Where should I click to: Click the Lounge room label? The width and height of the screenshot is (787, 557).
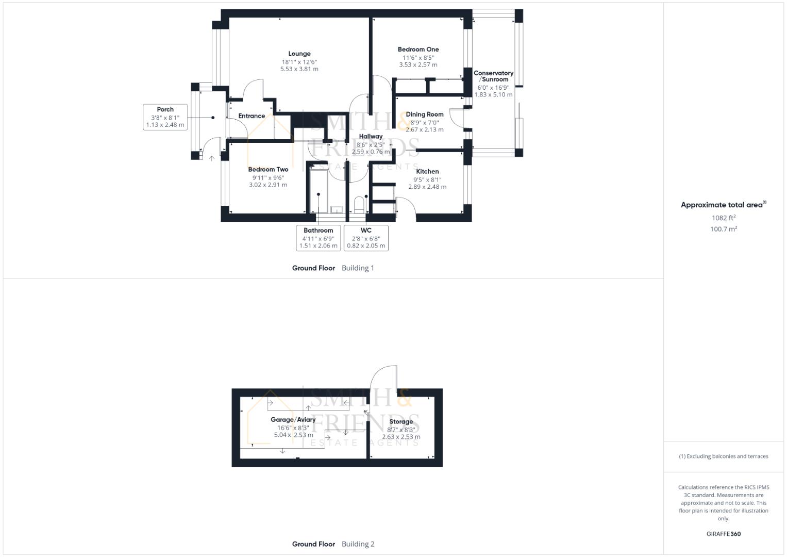(x=299, y=54)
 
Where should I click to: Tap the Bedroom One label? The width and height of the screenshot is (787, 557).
(x=418, y=50)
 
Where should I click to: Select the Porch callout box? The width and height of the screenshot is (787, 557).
(x=165, y=117)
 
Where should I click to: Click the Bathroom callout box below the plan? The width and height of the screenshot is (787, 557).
(x=318, y=238)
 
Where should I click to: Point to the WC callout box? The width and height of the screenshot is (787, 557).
(x=366, y=238)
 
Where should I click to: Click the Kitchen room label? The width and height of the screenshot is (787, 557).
(x=427, y=172)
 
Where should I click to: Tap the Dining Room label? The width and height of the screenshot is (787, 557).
(x=424, y=114)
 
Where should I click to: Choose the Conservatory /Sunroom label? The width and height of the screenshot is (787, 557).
(x=493, y=76)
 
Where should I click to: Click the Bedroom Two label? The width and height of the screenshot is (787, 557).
(x=268, y=170)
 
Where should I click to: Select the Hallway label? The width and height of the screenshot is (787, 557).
(x=371, y=137)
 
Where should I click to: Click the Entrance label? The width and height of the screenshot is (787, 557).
(x=252, y=116)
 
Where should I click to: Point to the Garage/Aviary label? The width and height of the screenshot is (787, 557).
(x=293, y=420)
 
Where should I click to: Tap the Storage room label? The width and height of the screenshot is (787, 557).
(x=400, y=422)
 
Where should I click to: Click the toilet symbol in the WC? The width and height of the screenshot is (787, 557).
(x=359, y=205)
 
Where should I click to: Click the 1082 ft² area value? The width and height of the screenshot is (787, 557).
(x=723, y=218)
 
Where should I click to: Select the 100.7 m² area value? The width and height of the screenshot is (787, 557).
(x=723, y=229)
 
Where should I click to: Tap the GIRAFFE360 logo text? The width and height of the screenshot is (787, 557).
(x=723, y=534)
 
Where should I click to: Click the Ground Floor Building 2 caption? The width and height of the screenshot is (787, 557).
(x=333, y=544)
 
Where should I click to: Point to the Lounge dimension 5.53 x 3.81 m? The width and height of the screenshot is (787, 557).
(x=299, y=69)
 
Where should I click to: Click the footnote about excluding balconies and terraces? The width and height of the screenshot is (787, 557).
(x=723, y=456)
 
